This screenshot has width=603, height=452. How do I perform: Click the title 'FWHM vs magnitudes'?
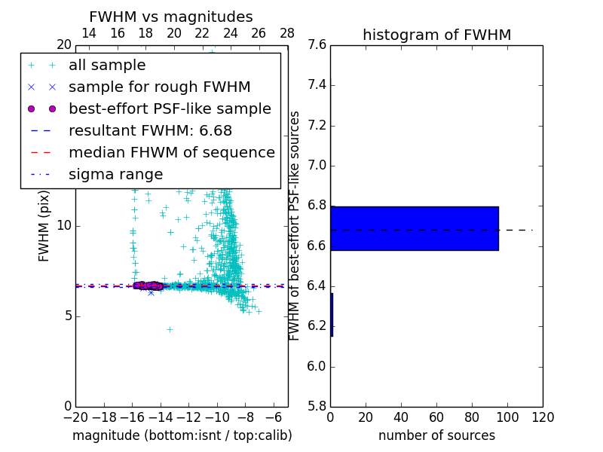tap(171, 17)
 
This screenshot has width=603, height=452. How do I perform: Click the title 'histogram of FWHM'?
tap(436, 35)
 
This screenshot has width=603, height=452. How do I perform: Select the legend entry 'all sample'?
tap(107, 66)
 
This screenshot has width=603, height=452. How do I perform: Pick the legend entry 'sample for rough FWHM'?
tap(159, 87)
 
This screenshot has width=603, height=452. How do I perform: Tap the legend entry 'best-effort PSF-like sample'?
tap(170, 109)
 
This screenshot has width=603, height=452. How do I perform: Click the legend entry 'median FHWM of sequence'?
tap(171, 153)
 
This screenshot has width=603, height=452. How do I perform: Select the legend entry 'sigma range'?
tap(115, 175)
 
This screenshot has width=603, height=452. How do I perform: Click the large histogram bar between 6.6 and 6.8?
tap(414, 228)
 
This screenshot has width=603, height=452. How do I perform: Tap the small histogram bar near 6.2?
tap(332, 314)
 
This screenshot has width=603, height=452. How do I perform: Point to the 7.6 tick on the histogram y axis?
tap(316, 45)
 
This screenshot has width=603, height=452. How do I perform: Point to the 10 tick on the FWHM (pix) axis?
tap(63, 226)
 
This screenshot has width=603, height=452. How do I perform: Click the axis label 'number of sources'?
tap(436, 435)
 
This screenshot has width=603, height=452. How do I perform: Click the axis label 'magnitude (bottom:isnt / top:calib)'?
tap(182, 435)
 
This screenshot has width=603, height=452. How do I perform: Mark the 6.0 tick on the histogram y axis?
tap(316, 367)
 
